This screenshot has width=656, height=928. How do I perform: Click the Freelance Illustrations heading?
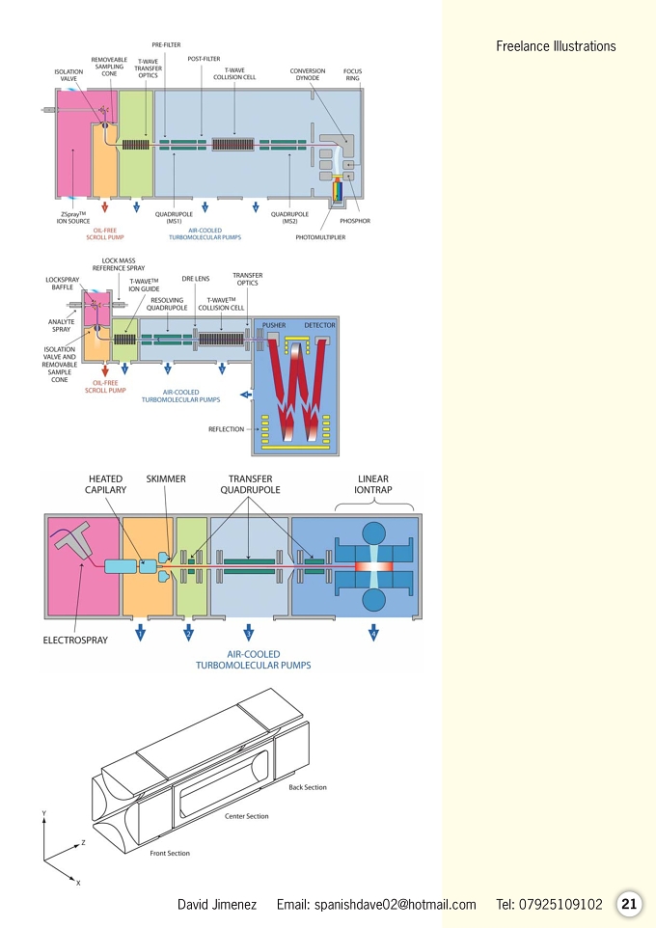[556, 46]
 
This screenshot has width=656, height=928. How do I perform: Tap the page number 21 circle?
[629, 904]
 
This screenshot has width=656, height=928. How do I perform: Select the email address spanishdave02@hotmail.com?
[395, 904]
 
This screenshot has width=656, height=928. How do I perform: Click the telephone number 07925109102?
[560, 904]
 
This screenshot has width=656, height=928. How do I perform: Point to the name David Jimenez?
[217, 904]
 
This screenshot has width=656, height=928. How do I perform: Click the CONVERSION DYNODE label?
[308, 74]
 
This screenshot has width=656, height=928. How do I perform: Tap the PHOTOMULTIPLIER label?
[320, 237]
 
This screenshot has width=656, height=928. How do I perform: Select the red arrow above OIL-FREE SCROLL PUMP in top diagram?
[105, 206]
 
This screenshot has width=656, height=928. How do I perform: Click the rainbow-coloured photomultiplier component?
[337, 189]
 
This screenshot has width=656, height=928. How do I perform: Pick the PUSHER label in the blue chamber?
[274, 325]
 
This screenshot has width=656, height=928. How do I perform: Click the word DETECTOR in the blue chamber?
[319, 325]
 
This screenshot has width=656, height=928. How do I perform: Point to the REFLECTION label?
[226, 429]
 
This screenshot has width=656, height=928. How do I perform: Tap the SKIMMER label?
[166, 478]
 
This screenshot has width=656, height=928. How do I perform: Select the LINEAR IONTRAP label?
[373, 484]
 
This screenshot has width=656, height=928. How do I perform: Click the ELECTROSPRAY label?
[75, 640]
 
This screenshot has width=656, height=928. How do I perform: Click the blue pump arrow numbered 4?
[373, 632]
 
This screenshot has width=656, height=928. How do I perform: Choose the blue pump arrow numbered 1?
[140, 632]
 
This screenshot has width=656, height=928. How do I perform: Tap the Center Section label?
[246, 816]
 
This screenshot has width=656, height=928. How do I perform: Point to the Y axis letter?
[43, 813]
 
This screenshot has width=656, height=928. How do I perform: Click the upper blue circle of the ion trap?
[373, 532]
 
